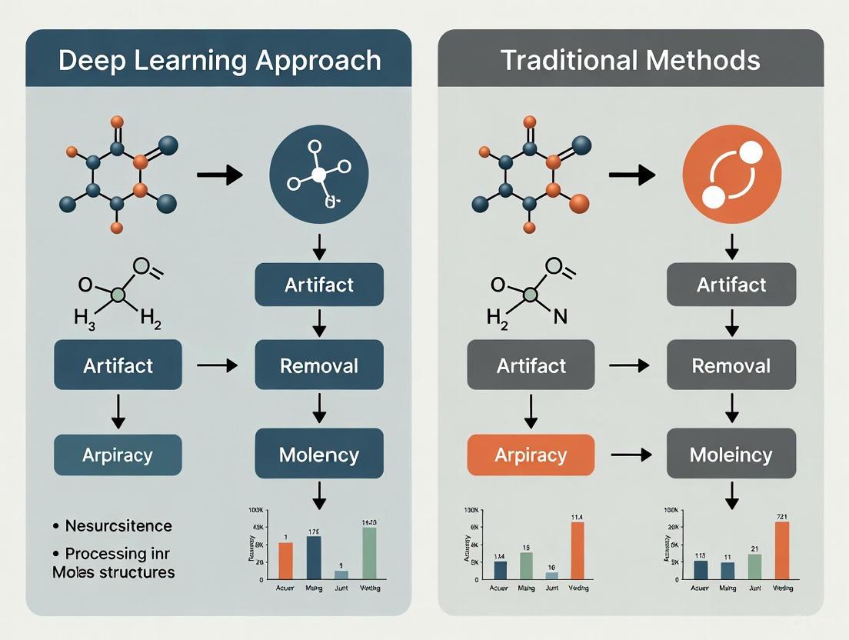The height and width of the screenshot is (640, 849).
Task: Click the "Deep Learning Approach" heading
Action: click(x=219, y=60)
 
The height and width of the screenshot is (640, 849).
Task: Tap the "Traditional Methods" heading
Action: click(x=630, y=60)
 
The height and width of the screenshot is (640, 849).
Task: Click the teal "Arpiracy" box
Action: click(x=118, y=454)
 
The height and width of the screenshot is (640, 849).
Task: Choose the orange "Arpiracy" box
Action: click(x=531, y=454)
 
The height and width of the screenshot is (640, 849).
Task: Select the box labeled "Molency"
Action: click(x=318, y=454)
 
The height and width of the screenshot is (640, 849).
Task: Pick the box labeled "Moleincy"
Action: click(x=731, y=454)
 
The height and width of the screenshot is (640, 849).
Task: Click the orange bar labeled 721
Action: click(x=781, y=549)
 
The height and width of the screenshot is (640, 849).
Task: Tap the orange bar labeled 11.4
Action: click(x=578, y=549)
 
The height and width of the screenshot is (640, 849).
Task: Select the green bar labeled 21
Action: click(x=754, y=565)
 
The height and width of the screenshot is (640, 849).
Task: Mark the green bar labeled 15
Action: click(x=526, y=565)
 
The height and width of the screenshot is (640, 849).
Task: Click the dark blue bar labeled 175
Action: click(x=313, y=556)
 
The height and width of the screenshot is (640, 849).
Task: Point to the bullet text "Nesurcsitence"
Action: click(x=118, y=526)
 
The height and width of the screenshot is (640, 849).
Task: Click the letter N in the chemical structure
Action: click(x=560, y=317)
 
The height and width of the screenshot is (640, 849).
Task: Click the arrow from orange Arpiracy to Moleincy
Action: click(x=631, y=455)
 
